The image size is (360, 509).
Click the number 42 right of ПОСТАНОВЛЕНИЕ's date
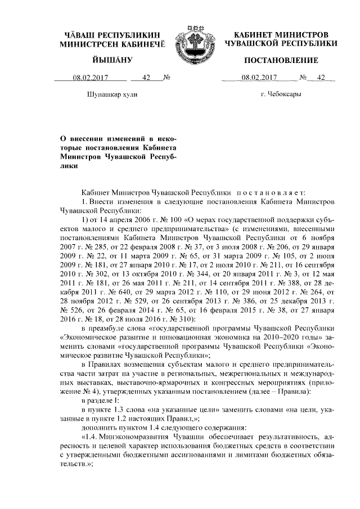click(x=322, y=78)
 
